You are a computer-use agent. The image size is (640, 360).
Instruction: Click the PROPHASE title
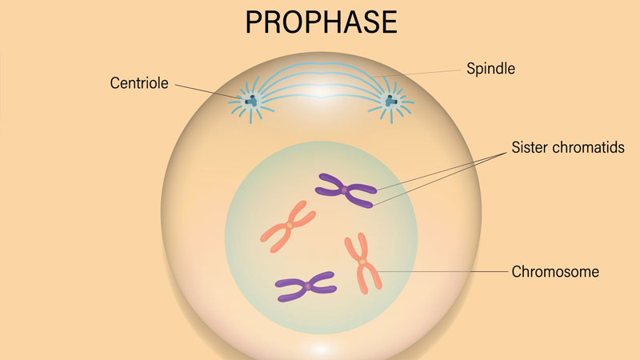(322, 22)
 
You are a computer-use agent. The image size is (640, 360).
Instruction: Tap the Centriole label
(139, 83)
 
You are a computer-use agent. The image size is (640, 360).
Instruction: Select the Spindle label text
(490, 69)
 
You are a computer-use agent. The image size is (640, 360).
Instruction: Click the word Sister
(528, 147)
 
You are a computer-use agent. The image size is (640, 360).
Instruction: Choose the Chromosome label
(555, 272)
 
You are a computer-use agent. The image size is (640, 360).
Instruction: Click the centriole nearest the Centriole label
(251, 101)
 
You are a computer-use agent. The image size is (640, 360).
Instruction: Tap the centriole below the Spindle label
(391, 101)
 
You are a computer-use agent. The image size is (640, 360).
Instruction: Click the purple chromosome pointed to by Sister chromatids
(346, 190)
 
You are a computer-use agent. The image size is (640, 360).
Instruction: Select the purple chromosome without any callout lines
(306, 286)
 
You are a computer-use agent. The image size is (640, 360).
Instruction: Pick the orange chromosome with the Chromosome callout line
(362, 263)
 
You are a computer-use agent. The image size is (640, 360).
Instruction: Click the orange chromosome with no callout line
(289, 226)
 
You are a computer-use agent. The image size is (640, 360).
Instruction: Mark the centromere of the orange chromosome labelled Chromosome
(362, 261)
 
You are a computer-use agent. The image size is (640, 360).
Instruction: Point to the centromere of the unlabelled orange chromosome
(289, 225)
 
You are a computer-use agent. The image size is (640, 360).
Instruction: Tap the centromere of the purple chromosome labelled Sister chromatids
(345, 190)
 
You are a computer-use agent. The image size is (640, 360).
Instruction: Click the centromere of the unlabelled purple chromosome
(307, 286)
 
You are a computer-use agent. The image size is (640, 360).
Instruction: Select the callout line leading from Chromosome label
(442, 271)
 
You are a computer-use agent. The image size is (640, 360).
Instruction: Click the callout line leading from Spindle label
(416, 74)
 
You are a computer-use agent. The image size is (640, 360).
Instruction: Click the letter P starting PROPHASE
(253, 22)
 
